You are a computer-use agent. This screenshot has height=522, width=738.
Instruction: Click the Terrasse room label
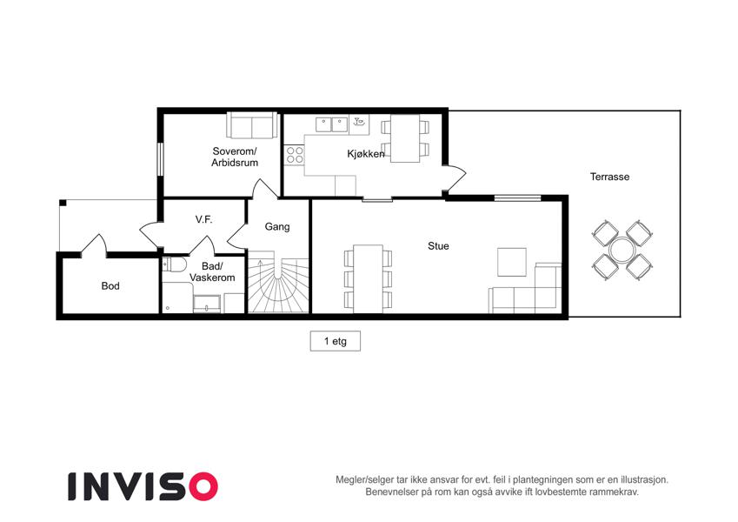609,177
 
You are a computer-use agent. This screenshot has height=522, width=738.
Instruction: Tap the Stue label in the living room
438,246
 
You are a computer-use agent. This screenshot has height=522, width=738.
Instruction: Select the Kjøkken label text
366,154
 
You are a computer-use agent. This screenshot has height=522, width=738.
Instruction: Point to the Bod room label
110,286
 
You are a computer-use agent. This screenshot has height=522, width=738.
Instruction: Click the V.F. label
203,219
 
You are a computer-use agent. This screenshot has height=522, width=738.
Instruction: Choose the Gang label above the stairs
277,226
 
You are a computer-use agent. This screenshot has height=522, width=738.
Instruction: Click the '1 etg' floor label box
336,341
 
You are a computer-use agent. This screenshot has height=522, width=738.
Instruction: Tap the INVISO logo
143,486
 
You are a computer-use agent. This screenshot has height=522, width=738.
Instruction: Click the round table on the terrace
622,251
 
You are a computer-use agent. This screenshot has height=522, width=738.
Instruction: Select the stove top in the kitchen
295,155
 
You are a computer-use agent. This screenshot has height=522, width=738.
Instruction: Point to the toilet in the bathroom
173,264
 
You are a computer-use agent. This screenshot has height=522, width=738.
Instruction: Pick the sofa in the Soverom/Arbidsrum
252,125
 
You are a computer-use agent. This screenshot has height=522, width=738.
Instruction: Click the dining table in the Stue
368,279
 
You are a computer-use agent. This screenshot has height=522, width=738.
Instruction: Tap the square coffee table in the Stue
512,262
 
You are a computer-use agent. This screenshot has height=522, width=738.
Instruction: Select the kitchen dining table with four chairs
405,138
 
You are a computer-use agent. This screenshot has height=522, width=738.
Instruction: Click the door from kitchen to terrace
455,178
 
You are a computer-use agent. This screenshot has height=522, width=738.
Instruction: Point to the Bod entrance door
94,245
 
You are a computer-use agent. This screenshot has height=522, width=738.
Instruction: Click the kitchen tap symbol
359,123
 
